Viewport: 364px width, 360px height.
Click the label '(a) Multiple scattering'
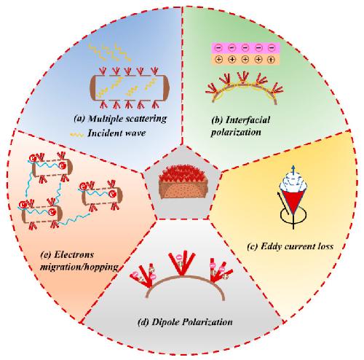pyautogui.click(x=120, y=119)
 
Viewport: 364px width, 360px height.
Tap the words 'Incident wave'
pyautogui.click(x=116, y=133)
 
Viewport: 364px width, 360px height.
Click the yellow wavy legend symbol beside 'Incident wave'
pyautogui.click(x=77, y=134)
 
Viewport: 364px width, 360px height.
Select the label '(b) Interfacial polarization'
pyautogui.click(x=240, y=126)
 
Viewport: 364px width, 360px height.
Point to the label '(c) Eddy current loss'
pyautogui.click(x=290, y=246)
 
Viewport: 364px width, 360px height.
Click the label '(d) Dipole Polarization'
pyautogui.click(x=185, y=322)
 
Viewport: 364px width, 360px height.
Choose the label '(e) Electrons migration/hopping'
pyautogui.click(x=79, y=261)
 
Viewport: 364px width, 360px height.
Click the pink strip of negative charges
pyautogui.click(x=245, y=48)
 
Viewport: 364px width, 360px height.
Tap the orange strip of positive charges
pyautogui.click(x=245, y=59)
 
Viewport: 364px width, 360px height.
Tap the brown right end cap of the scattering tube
pyautogui.click(x=166, y=87)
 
